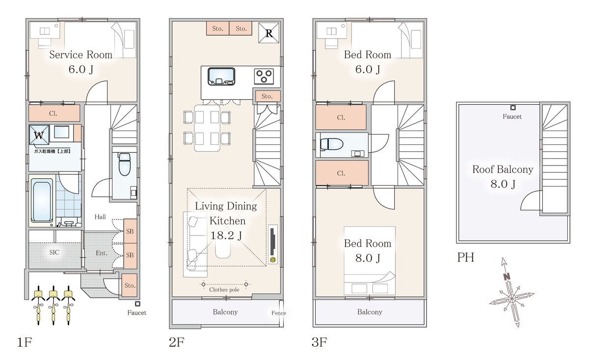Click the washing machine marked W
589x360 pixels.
click(x=39, y=135)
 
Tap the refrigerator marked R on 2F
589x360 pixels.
click(x=269, y=32)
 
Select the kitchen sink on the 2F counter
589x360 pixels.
click(x=221, y=76)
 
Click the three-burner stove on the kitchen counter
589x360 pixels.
click(x=264, y=76)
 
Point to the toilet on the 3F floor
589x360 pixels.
click(x=332, y=144)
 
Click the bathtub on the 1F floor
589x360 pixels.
click(x=42, y=200)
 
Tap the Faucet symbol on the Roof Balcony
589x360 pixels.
click(x=513, y=108)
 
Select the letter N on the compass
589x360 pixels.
click(x=507, y=277)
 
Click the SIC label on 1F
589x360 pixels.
click(x=54, y=252)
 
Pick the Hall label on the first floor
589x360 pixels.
click(x=100, y=217)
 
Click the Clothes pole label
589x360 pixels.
click(x=224, y=290)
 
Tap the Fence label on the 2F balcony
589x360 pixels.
click(x=279, y=313)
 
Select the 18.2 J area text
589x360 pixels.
click(x=226, y=235)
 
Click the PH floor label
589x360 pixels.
click(x=466, y=257)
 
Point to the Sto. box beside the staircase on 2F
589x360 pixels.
click(x=267, y=96)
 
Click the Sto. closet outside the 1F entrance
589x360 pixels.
click(x=130, y=285)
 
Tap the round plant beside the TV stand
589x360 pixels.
click(x=273, y=260)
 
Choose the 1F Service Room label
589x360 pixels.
click(x=80, y=55)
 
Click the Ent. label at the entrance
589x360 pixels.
click(x=102, y=253)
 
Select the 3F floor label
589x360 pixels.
click(x=319, y=342)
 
